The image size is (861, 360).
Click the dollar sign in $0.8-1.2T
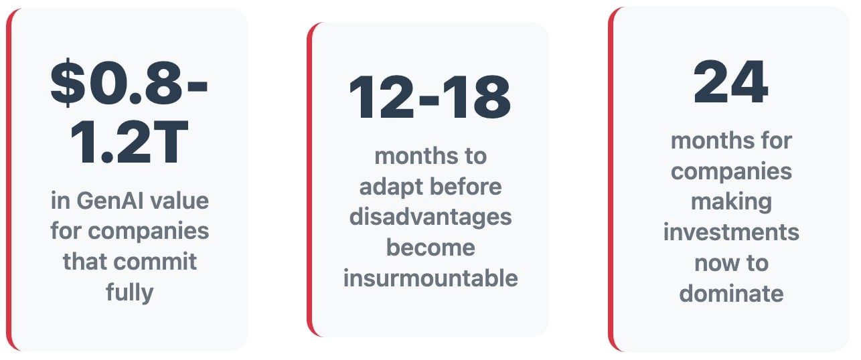point(68,82)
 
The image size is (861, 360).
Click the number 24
point(730,82)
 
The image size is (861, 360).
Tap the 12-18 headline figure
point(430,97)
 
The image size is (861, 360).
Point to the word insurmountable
point(430,278)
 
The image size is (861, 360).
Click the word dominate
point(731,294)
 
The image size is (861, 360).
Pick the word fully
point(129,293)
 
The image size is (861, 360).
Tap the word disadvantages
point(430,217)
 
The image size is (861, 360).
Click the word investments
point(731,232)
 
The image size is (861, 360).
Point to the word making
point(731,202)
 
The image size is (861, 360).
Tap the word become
point(430,247)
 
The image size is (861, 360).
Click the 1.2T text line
point(129,141)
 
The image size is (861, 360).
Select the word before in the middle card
point(465,187)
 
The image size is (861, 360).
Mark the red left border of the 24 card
point(611,179)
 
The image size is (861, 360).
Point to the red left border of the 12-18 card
point(309,179)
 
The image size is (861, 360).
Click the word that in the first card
point(86,262)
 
